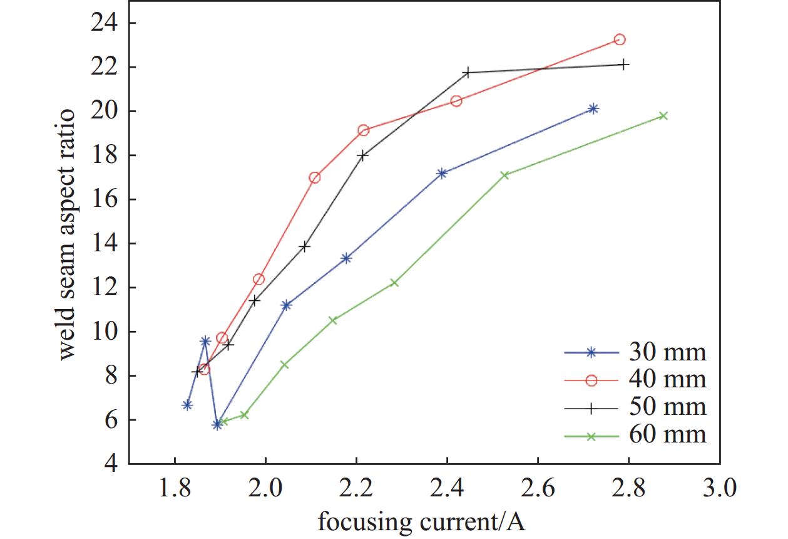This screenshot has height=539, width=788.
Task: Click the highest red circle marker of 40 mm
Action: coord(620,39)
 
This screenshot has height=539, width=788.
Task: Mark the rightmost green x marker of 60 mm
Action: coord(663,116)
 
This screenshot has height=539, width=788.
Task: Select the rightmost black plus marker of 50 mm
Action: coord(623,64)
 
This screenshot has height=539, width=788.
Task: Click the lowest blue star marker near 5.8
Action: coord(217,424)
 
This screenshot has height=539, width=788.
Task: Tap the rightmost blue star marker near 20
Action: coord(593,108)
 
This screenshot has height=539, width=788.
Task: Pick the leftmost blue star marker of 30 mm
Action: coord(187,405)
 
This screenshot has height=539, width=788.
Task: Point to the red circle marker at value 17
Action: coord(315,177)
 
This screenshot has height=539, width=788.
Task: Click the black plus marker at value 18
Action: coord(363,155)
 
